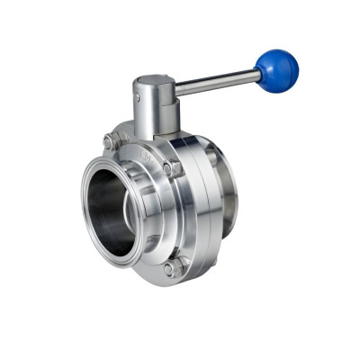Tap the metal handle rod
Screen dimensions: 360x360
pyautogui.click(x=216, y=83)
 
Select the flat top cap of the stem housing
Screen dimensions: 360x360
pyautogui.click(x=154, y=84)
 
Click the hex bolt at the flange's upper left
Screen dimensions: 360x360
pyautogui.click(x=111, y=141)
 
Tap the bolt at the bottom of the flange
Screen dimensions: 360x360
pyautogui.click(x=170, y=268)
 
